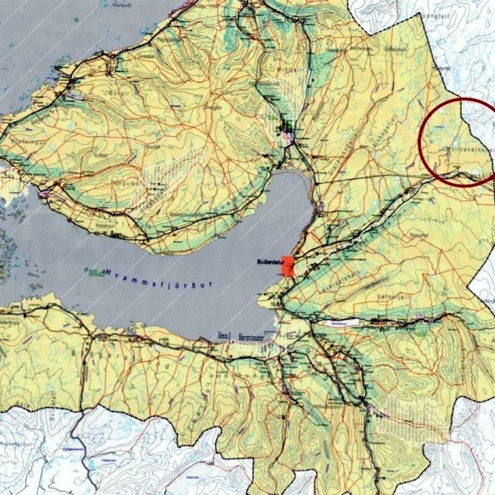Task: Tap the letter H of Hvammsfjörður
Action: click(x=109, y=270)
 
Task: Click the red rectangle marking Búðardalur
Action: click(x=288, y=270)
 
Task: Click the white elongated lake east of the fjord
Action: click(x=340, y=324)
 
